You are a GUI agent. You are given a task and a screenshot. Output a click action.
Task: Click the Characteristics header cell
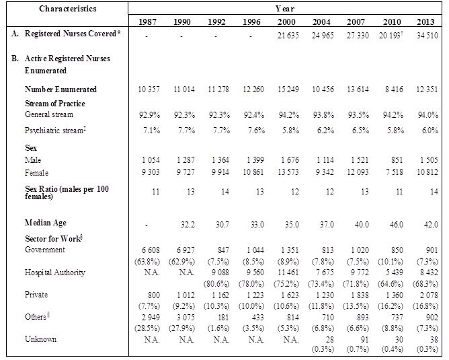(x=67, y=9)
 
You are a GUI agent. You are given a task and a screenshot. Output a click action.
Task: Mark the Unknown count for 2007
(x=356, y=340)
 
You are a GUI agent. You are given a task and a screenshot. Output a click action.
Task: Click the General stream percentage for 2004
(x=321, y=115)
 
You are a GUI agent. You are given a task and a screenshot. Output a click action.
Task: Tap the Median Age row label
(x=46, y=222)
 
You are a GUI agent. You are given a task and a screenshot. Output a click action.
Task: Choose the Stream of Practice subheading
(x=55, y=104)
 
